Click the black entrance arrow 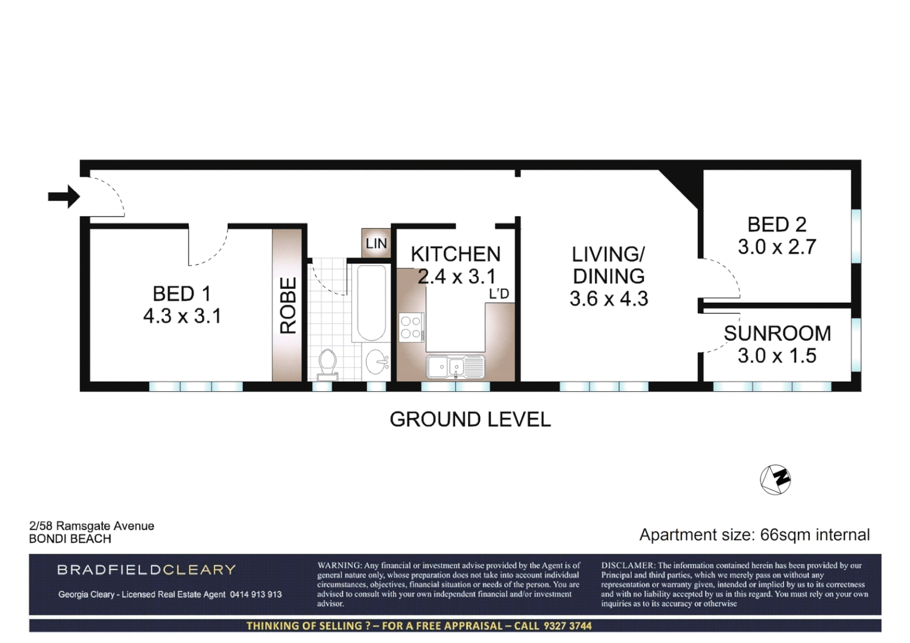click(x=64, y=196)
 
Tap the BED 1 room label click(x=182, y=294)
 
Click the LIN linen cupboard click(x=376, y=243)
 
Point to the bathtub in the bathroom click(x=370, y=303)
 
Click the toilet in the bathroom click(x=328, y=364)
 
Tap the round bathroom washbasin click(x=376, y=361)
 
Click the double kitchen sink click(x=456, y=366)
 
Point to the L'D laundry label click(x=499, y=294)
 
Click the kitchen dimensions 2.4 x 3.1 click(x=456, y=276)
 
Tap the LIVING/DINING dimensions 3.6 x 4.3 click(x=608, y=298)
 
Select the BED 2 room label click(x=777, y=224)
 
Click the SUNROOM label click(x=777, y=333)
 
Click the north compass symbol click(x=775, y=479)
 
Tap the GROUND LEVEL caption click(x=470, y=419)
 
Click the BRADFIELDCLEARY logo click(x=147, y=570)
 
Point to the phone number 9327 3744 click(x=566, y=626)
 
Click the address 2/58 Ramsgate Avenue click(x=92, y=526)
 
